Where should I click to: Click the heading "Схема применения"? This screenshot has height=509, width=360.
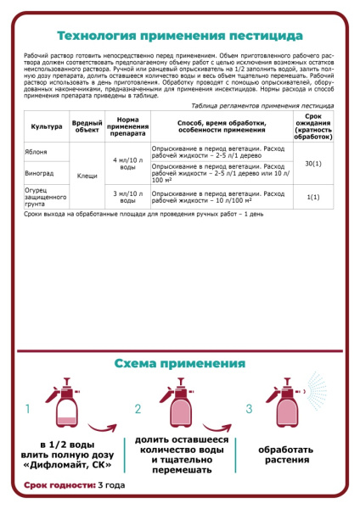click(x=179, y=364)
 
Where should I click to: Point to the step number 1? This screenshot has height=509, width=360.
click(x=28, y=409)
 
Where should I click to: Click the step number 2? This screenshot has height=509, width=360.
click(x=138, y=409)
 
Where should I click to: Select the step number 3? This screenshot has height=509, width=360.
click(x=248, y=409)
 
